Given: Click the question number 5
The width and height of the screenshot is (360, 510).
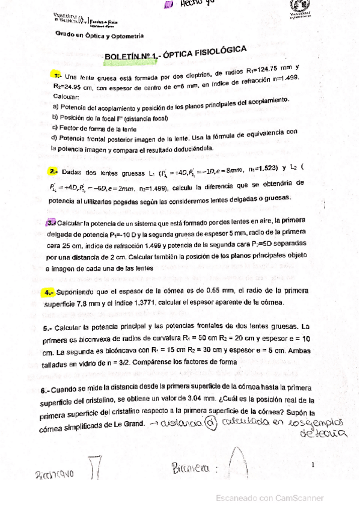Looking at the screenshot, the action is click(x=47, y=329).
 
